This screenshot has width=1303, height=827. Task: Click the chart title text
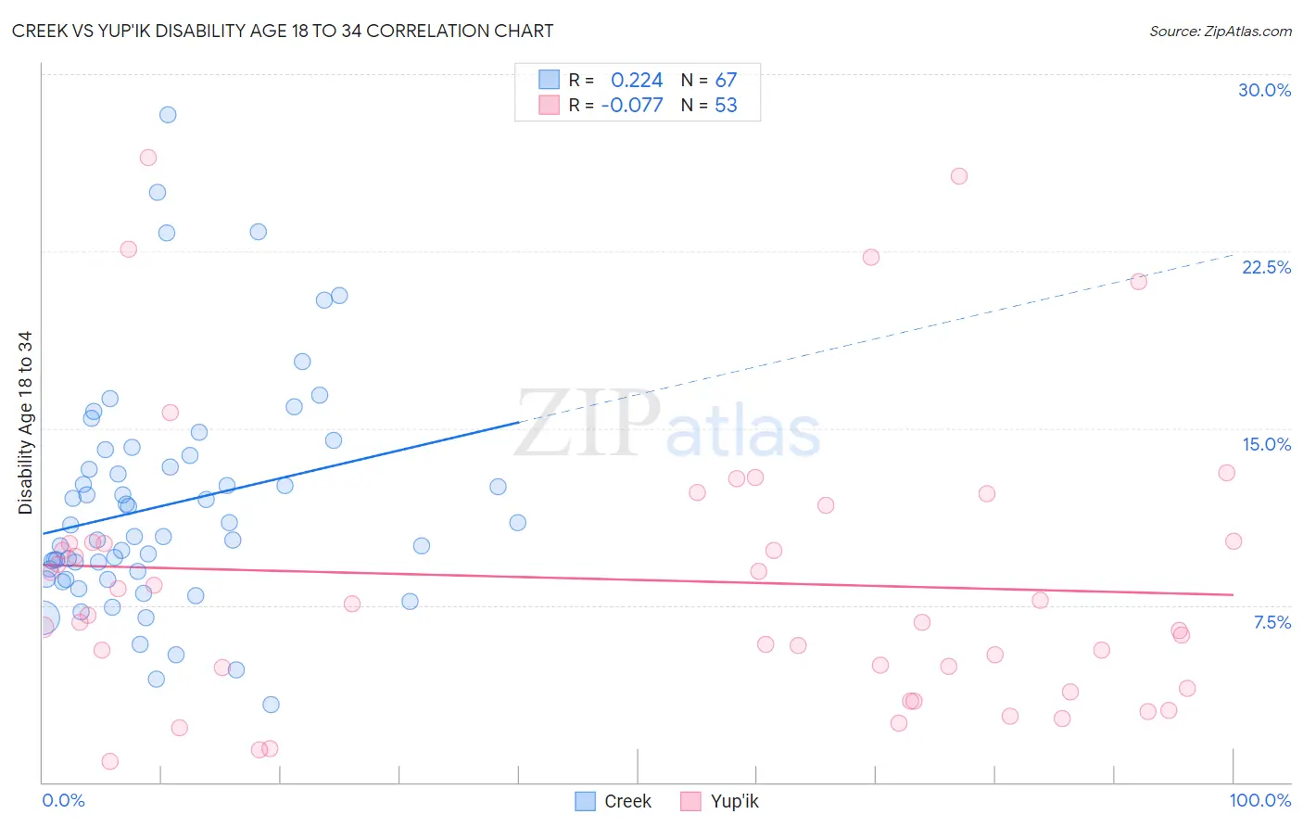tap(283, 31)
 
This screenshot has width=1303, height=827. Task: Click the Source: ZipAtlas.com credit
tap(1220, 31)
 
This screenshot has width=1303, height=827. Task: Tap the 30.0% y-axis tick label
tap(1264, 90)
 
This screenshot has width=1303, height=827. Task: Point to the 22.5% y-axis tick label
tap(1266, 267)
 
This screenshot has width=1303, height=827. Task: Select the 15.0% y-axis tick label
tap(1266, 444)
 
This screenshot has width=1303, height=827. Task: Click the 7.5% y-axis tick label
tap(1271, 622)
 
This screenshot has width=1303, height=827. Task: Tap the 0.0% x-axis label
tap(63, 800)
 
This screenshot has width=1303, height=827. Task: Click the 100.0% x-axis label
tap(1259, 800)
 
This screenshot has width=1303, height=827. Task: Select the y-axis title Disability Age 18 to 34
tap(25, 423)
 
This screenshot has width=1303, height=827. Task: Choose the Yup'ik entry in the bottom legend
tap(719, 801)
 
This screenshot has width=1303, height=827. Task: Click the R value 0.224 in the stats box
tap(637, 81)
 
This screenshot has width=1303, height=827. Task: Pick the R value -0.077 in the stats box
tap(632, 106)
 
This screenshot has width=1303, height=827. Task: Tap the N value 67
tap(726, 81)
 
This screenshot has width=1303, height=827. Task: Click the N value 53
tap(726, 106)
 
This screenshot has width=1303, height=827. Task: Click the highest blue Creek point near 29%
tap(168, 115)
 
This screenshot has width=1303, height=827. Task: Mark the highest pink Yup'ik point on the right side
tap(959, 176)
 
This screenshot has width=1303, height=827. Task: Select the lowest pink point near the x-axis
tap(109, 761)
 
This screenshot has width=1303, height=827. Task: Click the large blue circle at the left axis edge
tap(43, 617)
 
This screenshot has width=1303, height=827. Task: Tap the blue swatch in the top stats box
tap(550, 80)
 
